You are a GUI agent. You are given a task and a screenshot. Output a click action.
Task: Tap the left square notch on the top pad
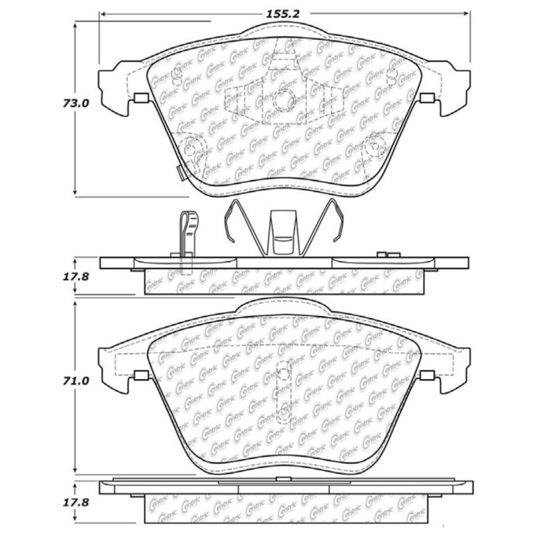[x=140, y=99]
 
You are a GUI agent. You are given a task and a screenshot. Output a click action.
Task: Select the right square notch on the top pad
[x=428, y=99]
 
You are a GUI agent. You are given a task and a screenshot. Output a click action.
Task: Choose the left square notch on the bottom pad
[x=140, y=375]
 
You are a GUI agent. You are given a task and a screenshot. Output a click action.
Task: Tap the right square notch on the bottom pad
[x=428, y=375]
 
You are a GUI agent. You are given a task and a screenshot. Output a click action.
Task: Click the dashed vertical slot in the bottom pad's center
[x=284, y=390]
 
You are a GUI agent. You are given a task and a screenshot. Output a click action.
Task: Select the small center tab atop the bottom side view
[x=284, y=478]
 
